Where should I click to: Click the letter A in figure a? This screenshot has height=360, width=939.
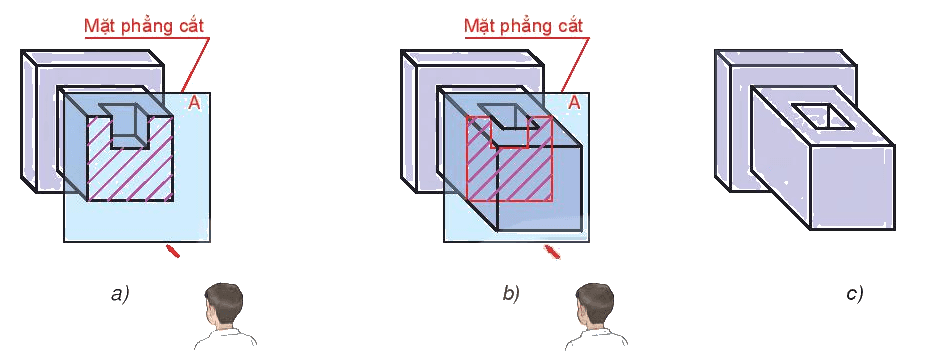click(194, 103)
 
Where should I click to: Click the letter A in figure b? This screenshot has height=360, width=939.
click(574, 103)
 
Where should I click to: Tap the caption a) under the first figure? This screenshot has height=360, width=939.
click(120, 294)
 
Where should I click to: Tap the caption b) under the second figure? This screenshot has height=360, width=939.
click(511, 294)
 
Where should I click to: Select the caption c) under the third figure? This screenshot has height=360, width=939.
click(855, 294)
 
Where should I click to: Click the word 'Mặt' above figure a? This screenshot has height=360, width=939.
click(99, 26)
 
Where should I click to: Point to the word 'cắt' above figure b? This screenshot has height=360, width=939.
click(570, 26)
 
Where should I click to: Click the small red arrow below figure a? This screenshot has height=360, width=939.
click(172, 251)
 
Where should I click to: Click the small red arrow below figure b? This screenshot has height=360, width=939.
click(552, 252)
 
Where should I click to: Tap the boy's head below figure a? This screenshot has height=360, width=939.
click(223, 304)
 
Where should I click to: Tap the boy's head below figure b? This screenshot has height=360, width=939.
click(595, 304)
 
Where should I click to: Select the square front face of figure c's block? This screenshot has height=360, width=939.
click(853, 187)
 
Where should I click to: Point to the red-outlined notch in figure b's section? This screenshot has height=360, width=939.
click(509, 132)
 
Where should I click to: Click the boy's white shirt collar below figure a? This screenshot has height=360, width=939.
click(226, 335)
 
